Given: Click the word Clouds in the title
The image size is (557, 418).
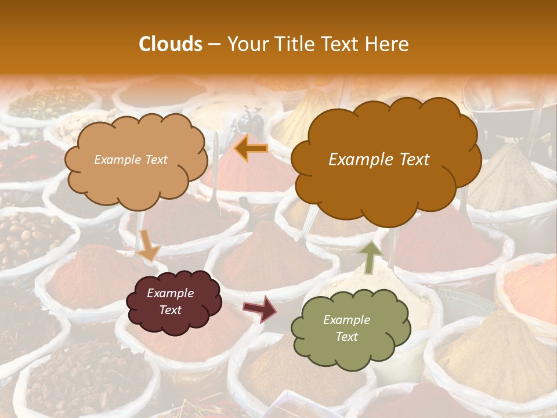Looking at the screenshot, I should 170,44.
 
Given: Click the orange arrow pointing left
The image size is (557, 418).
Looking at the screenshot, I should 251,149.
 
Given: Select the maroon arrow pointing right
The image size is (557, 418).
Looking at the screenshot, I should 260,308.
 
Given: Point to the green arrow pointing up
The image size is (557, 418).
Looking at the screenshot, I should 370,257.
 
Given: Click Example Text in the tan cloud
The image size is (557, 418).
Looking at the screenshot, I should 131,160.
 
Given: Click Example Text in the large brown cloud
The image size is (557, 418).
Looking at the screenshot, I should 379,160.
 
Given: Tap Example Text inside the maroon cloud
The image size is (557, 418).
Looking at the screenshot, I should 170,302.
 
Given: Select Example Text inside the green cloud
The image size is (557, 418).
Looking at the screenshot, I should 346,328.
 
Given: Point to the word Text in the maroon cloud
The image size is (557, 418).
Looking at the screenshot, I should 170,311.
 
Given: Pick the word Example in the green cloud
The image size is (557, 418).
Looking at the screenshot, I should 346,320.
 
